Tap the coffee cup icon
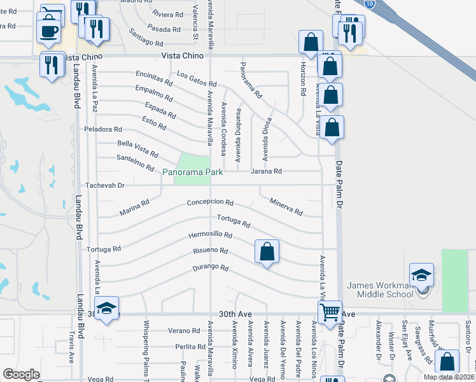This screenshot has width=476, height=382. click(48, 31)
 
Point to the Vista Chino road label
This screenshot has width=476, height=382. click(183, 55)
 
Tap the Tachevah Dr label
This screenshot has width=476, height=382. click(104, 185)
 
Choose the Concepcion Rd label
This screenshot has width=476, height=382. click(210, 202)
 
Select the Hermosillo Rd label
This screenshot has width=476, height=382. click(210, 235)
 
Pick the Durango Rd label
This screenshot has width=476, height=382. click(210, 268)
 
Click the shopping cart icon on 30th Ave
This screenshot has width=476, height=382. click(330, 313)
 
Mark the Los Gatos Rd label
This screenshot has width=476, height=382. click(197, 80)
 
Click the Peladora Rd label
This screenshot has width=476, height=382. click(102, 129)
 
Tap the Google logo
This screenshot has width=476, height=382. click(21, 374)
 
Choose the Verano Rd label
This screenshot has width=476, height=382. click(184, 330)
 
